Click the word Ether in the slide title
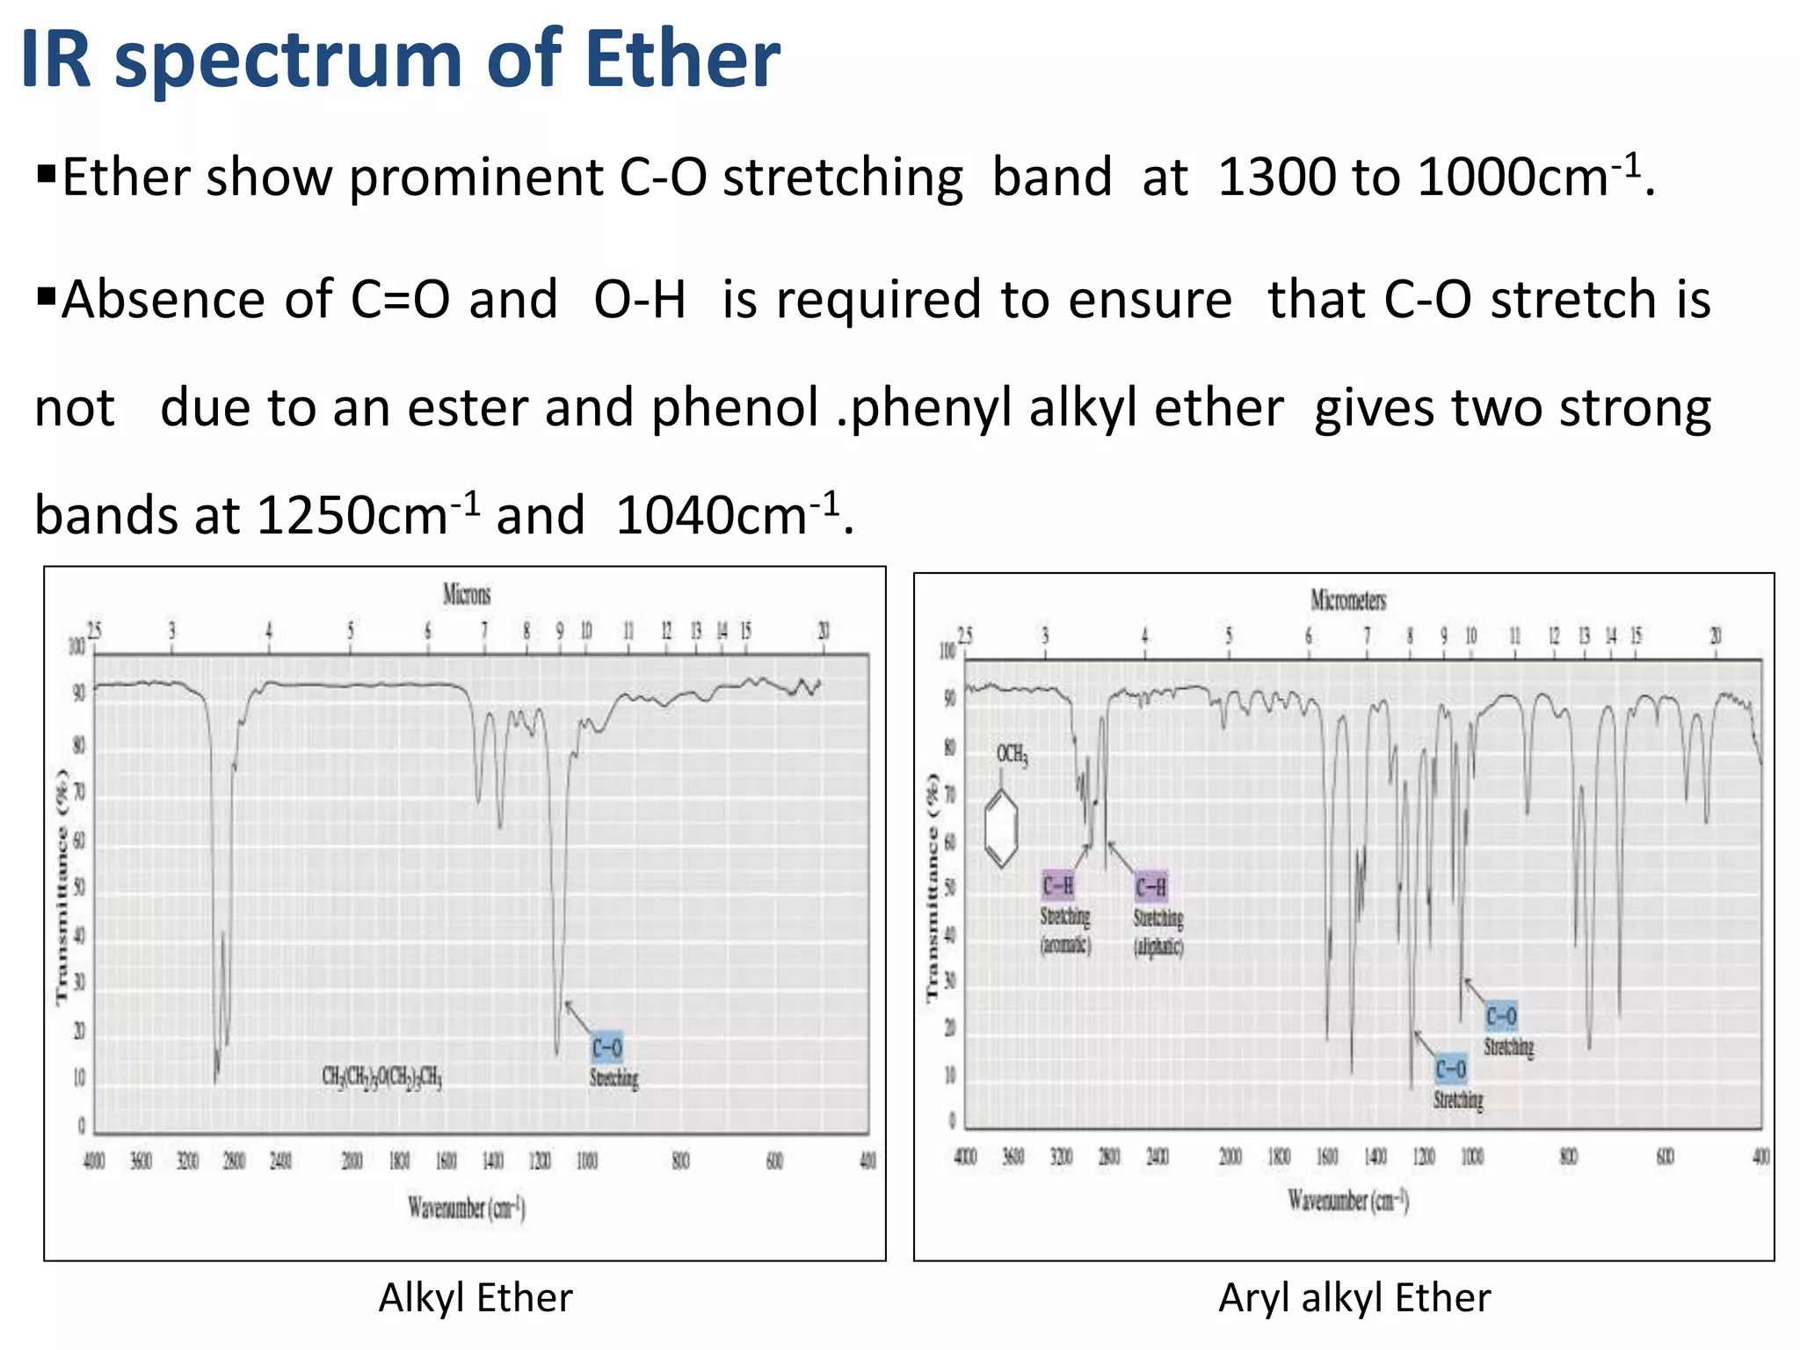pos(682,60)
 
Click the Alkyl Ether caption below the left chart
pos(475,1298)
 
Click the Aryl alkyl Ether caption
pos(1354,1298)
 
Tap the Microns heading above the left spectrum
pos(467,595)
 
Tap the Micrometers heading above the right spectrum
pos(1348,600)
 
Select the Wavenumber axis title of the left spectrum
pos(466,1208)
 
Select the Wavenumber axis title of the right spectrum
pos(1348,1201)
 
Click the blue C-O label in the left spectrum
pos(606,1048)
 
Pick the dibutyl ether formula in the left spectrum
pos(381,1077)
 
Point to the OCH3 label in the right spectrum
pos(1012,754)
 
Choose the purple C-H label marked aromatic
pos(1058,886)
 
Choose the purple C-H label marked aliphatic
pos(1151,887)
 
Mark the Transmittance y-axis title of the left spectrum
pos(62,888)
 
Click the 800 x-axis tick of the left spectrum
pos(680,1161)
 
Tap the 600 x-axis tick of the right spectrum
pos(1665,1156)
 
